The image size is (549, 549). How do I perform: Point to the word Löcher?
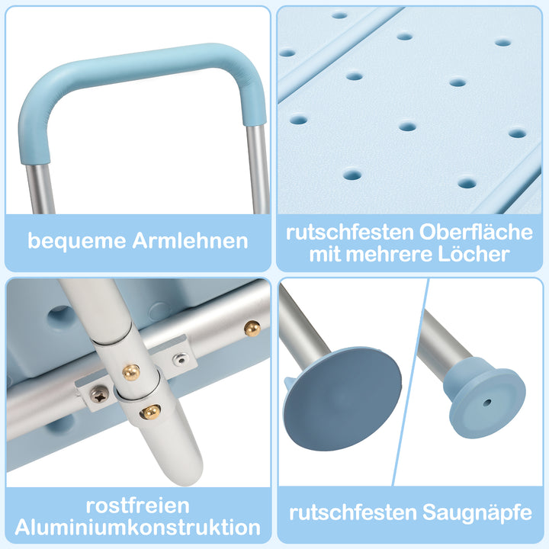[x=474, y=254]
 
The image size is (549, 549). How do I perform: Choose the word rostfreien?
[x=138, y=506]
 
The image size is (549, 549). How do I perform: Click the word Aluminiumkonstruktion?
[x=138, y=527]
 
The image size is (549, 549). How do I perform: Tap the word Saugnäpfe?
[x=477, y=513]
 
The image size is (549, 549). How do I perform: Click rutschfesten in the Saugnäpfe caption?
[x=352, y=513]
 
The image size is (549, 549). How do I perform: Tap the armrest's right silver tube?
[x=258, y=168]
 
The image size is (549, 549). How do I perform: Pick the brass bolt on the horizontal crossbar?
[x=252, y=328]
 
